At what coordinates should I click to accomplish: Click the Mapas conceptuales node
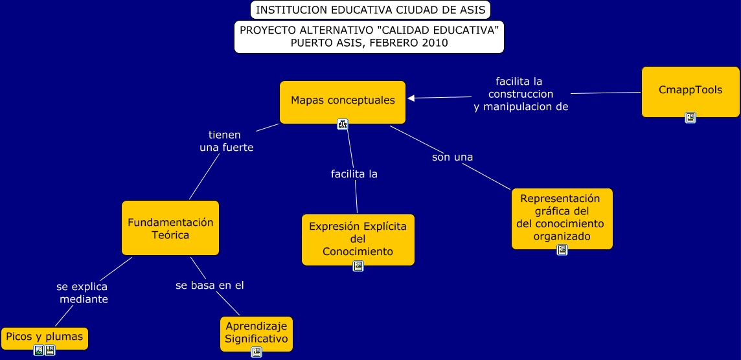coord(342,101)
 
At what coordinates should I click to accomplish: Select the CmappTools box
coord(690,91)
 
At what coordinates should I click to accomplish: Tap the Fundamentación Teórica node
coord(170,228)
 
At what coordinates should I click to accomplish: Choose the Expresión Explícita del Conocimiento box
coord(358,238)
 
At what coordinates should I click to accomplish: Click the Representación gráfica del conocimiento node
coord(562,217)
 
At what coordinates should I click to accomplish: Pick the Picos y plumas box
coord(44,337)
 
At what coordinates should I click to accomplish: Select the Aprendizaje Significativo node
coord(256,332)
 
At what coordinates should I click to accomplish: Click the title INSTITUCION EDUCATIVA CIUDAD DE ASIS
coord(370,10)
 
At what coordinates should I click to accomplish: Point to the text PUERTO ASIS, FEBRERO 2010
coord(369,43)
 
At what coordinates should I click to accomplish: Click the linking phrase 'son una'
coord(452,157)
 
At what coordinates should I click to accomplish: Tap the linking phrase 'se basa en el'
coord(210,286)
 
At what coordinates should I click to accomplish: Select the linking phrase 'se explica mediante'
coord(83,293)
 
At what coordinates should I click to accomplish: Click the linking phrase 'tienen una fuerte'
coord(225,141)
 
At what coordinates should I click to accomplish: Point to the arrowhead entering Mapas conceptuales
coord(411,98)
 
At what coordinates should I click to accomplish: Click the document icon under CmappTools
coord(690,118)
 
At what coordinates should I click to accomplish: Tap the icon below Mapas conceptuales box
coord(343,124)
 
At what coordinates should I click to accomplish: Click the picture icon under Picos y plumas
coord(39,350)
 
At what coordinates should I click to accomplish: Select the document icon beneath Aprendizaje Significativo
coord(256,352)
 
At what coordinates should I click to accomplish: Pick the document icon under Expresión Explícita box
coord(358,266)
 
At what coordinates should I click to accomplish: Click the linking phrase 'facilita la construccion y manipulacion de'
coord(520,95)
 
